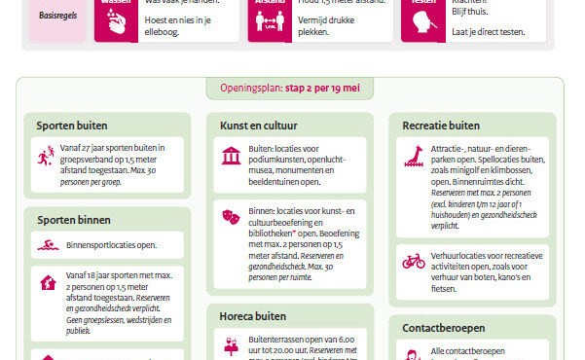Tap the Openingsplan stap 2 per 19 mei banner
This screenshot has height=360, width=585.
[290, 88]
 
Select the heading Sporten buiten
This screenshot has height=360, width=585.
[72, 125]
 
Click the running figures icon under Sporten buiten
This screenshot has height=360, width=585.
[46, 156]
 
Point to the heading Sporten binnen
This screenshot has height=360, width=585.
[73, 220]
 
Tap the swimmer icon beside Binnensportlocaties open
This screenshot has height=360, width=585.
[46, 245]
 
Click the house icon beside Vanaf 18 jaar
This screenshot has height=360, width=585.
[46, 284]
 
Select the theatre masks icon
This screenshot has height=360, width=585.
[231, 215]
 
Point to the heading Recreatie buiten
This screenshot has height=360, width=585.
[441, 125]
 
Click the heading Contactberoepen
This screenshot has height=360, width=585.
[443, 328]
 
